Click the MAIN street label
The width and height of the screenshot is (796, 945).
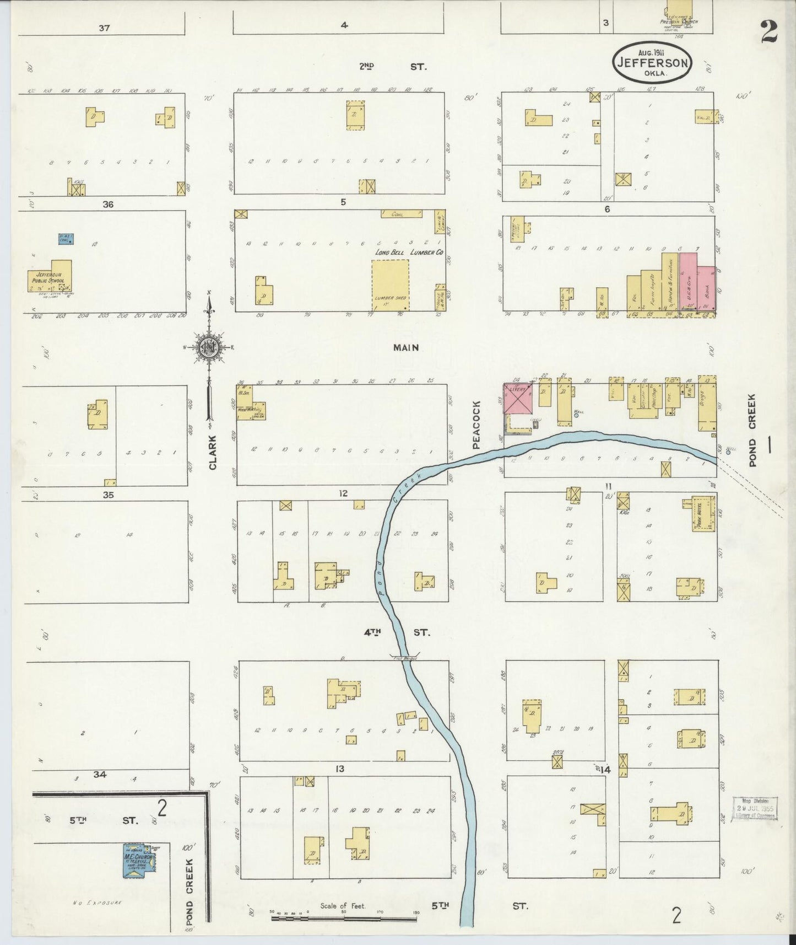pos(406,348)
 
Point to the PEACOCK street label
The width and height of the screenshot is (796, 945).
pos(477,425)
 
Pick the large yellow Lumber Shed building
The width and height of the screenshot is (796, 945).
pos(390,288)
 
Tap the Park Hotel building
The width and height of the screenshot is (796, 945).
pos(704,513)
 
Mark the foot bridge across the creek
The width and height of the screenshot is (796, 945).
pos(404,657)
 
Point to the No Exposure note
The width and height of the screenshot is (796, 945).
pos(96,903)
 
